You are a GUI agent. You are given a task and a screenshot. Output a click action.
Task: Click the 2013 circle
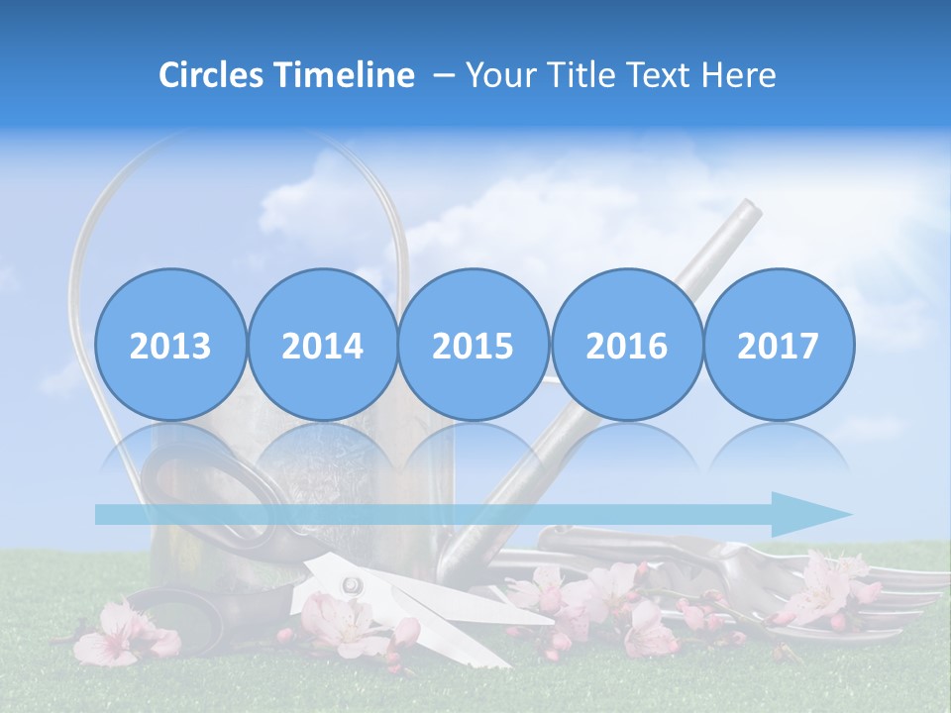170,345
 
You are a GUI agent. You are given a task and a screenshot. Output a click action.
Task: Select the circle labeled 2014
322,345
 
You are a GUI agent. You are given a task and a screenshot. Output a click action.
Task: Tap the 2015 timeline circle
474,345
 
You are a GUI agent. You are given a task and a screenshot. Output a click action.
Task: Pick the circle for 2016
626,345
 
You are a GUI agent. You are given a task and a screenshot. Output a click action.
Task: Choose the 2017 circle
779,345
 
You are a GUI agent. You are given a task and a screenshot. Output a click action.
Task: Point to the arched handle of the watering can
238,149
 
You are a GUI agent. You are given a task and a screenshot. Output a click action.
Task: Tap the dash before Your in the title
444,75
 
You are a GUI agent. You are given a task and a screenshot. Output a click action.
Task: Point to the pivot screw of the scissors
350,585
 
